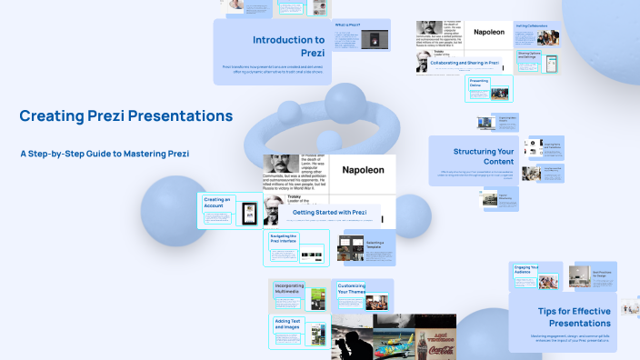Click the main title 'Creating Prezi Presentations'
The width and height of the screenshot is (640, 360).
click(x=126, y=116)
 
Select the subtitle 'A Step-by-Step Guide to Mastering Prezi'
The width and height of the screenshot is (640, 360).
click(x=105, y=154)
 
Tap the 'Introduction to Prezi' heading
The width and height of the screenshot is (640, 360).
click(x=288, y=45)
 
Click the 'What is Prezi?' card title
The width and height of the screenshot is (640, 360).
click(x=347, y=25)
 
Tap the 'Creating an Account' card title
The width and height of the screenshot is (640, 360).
click(x=218, y=202)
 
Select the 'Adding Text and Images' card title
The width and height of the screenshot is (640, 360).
click(x=286, y=325)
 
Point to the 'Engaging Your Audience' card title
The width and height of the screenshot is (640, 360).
click(x=524, y=269)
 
